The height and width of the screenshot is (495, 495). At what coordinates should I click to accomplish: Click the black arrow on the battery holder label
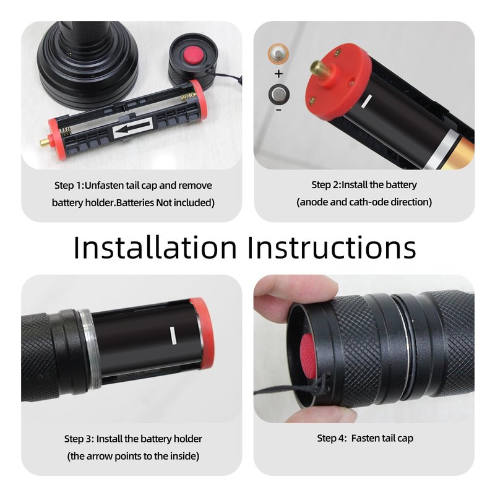132,127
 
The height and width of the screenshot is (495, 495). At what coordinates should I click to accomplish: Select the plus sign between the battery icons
278,74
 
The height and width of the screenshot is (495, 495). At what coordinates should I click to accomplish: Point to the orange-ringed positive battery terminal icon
278,54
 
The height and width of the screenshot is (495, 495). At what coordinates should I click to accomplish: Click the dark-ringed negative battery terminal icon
279,95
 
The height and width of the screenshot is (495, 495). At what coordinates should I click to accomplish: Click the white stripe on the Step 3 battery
173,335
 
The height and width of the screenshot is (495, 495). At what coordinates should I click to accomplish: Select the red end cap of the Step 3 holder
203,333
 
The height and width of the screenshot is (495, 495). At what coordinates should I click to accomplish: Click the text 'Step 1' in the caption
68,186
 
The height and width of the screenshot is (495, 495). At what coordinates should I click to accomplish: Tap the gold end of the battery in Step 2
461,154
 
